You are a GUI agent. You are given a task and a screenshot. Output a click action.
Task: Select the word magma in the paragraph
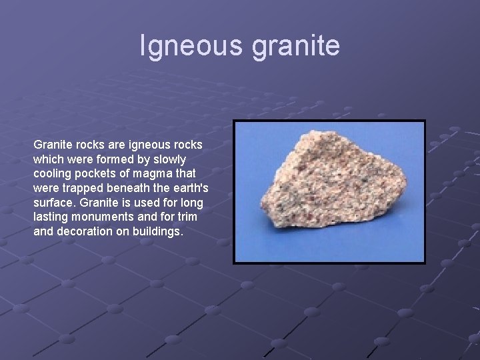pos(145,174)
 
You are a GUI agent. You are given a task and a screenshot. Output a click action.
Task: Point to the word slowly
pos(169,159)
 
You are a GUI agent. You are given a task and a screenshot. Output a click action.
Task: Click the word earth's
pos(189,189)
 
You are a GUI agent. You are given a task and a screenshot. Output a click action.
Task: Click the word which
pos(47,159)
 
